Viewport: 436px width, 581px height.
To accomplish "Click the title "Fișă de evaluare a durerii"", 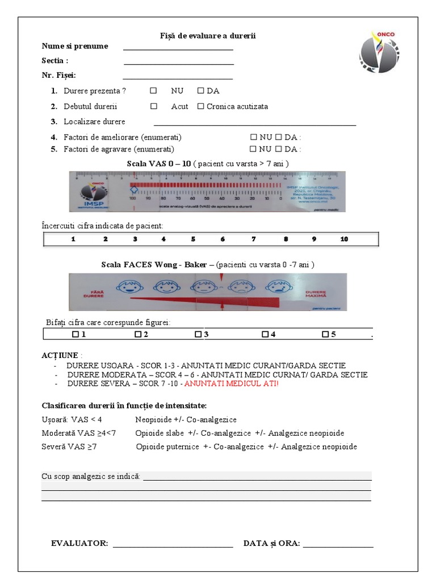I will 208,36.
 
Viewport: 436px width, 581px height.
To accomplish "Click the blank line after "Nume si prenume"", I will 178,47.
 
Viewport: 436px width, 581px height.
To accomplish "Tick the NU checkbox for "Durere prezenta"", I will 153,91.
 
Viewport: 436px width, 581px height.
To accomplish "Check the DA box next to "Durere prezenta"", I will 200,91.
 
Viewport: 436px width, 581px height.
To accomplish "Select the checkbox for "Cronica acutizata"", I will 200,106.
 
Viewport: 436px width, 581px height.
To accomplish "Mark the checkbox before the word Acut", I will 153,106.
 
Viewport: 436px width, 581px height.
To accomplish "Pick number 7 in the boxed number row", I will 254,239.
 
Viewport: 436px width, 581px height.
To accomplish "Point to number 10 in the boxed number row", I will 344,239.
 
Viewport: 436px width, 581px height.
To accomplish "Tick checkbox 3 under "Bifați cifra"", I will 198,335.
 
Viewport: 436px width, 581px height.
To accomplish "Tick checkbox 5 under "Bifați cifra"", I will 325,335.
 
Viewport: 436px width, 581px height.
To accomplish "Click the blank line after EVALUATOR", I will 173,544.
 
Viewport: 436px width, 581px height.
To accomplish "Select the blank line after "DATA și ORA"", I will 338,544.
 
